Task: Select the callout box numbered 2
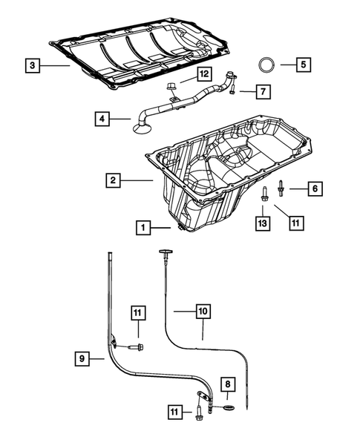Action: [x=112, y=180]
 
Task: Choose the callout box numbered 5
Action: [x=304, y=65]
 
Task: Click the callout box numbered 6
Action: [x=314, y=189]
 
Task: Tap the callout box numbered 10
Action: [x=203, y=312]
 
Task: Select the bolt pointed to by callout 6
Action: [x=281, y=188]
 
